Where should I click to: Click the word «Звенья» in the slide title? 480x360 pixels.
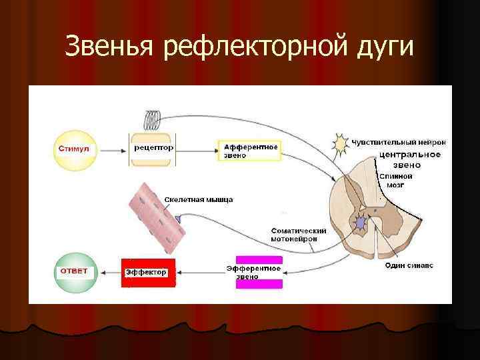[x=110, y=47]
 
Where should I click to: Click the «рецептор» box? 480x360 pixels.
[x=153, y=147]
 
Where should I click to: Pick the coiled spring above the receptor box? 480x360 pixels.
[x=153, y=121]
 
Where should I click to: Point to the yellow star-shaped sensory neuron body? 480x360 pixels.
[x=341, y=143]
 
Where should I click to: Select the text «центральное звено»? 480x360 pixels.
[x=409, y=159]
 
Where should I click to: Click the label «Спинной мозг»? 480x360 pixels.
[x=396, y=180]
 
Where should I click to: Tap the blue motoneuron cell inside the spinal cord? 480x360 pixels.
[x=363, y=222]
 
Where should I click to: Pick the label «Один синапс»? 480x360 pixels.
[x=409, y=265]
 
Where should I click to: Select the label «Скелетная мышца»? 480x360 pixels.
[x=198, y=199]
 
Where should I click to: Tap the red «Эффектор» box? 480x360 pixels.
[x=148, y=272]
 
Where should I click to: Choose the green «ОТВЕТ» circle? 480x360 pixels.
[x=75, y=272]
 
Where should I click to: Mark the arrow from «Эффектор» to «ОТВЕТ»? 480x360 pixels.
[x=109, y=272]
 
